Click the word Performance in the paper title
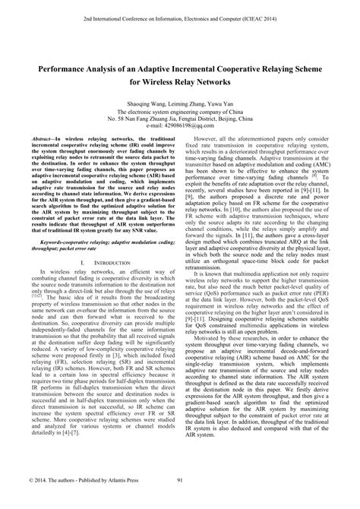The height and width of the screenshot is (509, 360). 62,67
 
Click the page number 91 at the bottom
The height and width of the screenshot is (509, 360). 179,500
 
